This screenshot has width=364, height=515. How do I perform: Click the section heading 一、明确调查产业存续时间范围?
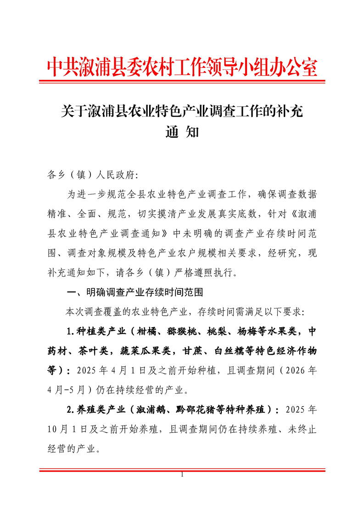(x=135, y=292)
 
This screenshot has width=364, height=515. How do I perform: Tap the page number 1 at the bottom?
(x=182, y=475)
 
